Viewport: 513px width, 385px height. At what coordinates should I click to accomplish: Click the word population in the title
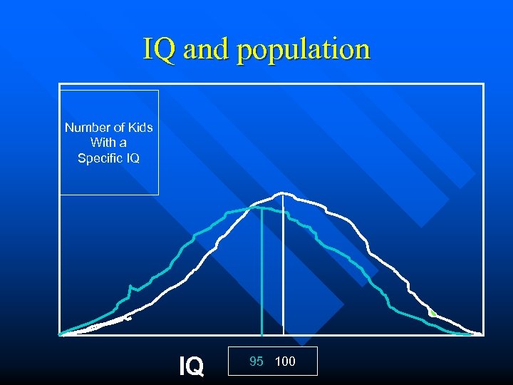pyautogui.click(x=304, y=50)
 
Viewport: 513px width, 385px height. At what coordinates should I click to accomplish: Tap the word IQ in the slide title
pyautogui.click(x=158, y=50)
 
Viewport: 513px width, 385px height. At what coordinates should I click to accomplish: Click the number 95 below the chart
pyautogui.click(x=256, y=361)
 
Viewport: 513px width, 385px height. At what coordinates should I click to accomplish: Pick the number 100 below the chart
pyautogui.click(x=285, y=361)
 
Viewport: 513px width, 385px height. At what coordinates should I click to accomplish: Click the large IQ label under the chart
pyautogui.click(x=191, y=366)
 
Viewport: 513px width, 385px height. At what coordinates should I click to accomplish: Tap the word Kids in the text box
pyautogui.click(x=140, y=128)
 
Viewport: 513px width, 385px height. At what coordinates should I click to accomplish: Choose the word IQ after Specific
pyautogui.click(x=133, y=158)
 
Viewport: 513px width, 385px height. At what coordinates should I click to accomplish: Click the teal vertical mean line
pyautogui.click(x=261, y=271)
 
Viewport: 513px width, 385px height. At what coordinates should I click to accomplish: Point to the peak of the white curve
pyautogui.click(x=283, y=193)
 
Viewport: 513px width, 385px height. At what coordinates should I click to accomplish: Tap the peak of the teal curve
pyautogui.click(x=253, y=207)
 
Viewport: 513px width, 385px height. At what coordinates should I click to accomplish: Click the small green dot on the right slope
pyautogui.click(x=432, y=313)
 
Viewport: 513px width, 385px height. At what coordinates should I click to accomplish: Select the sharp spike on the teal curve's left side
pyautogui.click(x=130, y=287)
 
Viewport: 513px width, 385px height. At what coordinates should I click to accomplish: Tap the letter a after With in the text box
pyautogui.click(x=123, y=143)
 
